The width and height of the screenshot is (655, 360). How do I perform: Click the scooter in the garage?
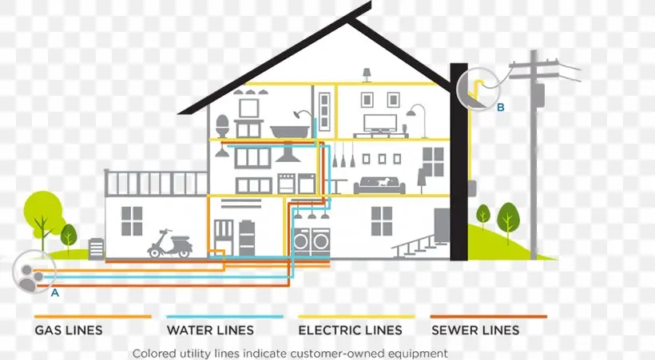click(x=169, y=243)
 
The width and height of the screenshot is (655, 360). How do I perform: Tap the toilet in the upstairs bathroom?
click(x=222, y=126)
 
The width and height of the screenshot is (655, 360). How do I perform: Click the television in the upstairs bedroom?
click(x=379, y=123)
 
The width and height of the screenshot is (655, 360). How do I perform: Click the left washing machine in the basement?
click(x=302, y=240)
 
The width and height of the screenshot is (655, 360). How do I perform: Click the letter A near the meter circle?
click(x=55, y=293)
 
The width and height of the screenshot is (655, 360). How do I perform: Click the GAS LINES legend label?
click(x=69, y=330)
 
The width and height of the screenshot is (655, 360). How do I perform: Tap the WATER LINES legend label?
click(x=210, y=330)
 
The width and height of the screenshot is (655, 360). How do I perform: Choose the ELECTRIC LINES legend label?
click(x=350, y=330)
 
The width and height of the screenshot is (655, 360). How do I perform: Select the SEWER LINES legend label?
click(x=475, y=330)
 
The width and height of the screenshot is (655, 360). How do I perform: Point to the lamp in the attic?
click(x=367, y=74)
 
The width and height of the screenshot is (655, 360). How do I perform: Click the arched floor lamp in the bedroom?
click(x=413, y=120)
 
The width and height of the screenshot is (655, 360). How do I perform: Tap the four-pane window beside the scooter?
click(x=131, y=221)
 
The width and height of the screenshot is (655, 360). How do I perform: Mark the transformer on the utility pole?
click(x=539, y=93)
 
